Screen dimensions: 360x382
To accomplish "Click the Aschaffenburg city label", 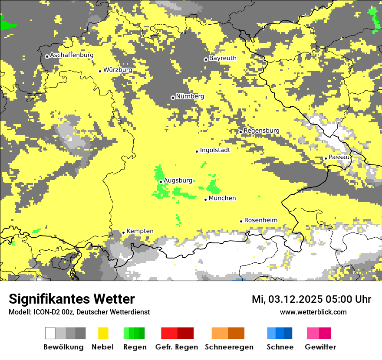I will pyautogui.click(x=72, y=55).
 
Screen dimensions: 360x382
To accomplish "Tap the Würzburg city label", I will pyautogui.click(x=118, y=70).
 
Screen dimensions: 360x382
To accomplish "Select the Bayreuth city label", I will pyautogui.click(x=223, y=58).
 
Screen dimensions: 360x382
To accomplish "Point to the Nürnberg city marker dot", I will pyautogui.click(x=173, y=98).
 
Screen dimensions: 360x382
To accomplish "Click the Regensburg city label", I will pyautogui.click(x=261, y=131).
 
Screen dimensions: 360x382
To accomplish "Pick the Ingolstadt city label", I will pyautogui.click(x=215, y=150).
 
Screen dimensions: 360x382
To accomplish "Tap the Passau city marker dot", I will pyautogui.click(x=326, y=158).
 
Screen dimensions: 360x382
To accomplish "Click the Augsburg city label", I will pyautogui.click(x=178, y=180).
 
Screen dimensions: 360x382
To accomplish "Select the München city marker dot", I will pyautogui.click(x=206, y=200).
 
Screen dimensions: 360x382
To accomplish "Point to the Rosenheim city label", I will pyautogui.click(x=260, y=220).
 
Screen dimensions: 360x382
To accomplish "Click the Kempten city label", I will pyautogui.click(x=140, y=231).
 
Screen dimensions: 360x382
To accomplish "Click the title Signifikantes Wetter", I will pyautogui.click(x=72, y=299).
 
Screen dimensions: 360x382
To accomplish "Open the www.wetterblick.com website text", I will pyautogui.click(x=313, y=312).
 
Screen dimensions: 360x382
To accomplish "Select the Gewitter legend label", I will pyautogui.click(x=320, y=347).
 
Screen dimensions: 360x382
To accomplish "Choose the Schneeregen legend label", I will pyautogui.click(x=229, y=347).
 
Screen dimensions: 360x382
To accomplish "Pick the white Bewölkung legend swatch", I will pyautogui.click(x=50, y=333).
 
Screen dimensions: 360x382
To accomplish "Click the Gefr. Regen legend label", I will pyautogui.click(x=176, y=347).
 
